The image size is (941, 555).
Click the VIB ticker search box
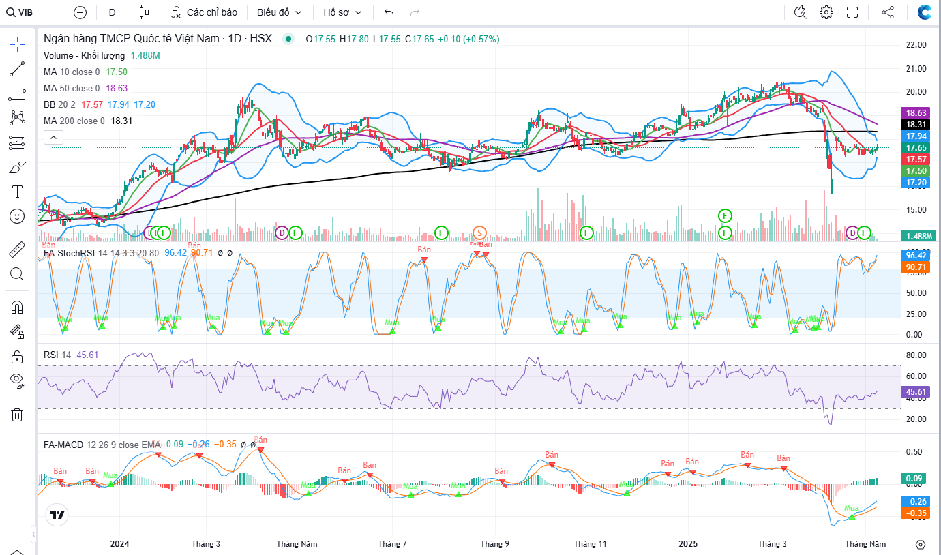click(x=20, y=12)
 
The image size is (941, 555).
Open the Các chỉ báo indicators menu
click(x=204, y=12)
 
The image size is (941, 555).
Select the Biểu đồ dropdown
click(x=280, y=12)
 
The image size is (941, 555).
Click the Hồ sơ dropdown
click(x=342, y=12)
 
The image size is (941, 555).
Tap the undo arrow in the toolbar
click(x=389, y=12)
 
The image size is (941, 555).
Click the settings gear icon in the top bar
click(x=826, y=12)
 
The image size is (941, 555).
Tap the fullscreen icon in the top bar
click(x=852, y=12)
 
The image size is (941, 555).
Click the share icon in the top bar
click(x=888, y=12)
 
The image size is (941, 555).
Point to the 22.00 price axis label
click(x=914, y=45)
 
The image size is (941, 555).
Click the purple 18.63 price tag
click(x=914, y=112)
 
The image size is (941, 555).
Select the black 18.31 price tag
click(x=914, y=125)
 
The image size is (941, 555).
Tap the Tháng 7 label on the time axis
click(x=392, y=544)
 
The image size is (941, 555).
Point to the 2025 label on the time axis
click(x=687, y=544)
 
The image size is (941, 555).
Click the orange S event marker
click(x=480, y=232)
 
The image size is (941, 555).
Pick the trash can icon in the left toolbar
click(x=17, y=415)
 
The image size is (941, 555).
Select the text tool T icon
click(x=17, y=192)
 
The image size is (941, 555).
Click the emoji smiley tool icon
click(x=17, y=216)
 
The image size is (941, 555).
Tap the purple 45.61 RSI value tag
click(x=914, y=392)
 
